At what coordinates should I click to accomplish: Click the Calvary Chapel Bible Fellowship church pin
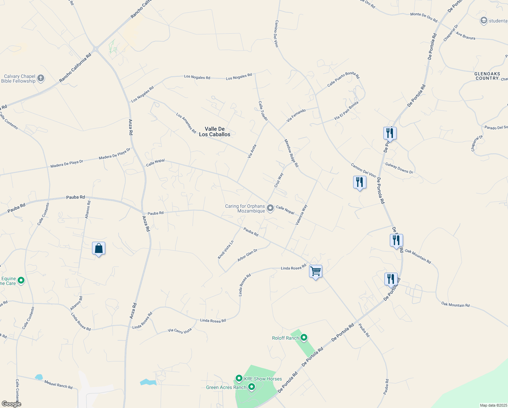pyautogui.click(x=40, y=79)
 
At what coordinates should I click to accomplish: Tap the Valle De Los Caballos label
pyautogui.click(x=215, y=132)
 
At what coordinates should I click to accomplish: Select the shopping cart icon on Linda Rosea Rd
pyautogui.click(x=315, y=271)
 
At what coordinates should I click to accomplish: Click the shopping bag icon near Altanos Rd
pyautogui.click(x=98, y=249)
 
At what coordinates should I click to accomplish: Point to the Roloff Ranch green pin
pyautogui.click(x=304, y=338)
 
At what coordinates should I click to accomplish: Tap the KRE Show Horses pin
pyautogui.click(x=239, y=378)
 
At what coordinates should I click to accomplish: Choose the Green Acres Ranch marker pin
pyautogui.click(x=252, y=387)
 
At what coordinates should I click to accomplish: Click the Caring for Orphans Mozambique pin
pyautogui.click(x=270, y=208)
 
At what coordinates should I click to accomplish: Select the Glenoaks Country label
pyautogui.click(x=487, y=76)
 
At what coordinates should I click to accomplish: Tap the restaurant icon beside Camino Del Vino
pyautogui.click(x=359, y=182)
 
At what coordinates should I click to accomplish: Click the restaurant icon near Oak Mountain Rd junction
pyautogui.click(x=396, y=240)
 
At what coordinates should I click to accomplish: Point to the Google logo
pyautogui.click(x=11, y=404)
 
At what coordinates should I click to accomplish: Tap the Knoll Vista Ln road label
pyautogui.click(x=226, y=250)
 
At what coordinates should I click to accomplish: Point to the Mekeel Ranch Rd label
pyautogui.click(x=58, y=385)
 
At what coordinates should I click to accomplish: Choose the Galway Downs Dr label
pyautogui.click(x=399, y=168)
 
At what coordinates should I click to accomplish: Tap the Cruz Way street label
pyautogui.click(x=278, y=180)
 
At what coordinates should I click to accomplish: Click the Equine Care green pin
pyautogui.click(x=21, y=280)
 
